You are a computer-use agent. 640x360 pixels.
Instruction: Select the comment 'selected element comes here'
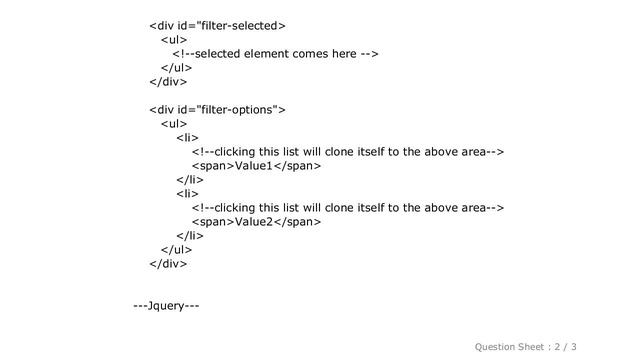pyautogui.click(x=274, y=53)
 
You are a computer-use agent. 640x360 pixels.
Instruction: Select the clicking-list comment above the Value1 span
pyautogui.click(x=346, y=151)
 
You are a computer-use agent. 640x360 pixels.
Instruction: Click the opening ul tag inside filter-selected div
pyautogui.click(x=173, y=39)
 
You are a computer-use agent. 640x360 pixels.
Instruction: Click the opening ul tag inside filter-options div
pyautogui.click(x=173, y=123)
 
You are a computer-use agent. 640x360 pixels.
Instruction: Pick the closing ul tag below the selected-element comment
pyautogui.click(x=176, y=67)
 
